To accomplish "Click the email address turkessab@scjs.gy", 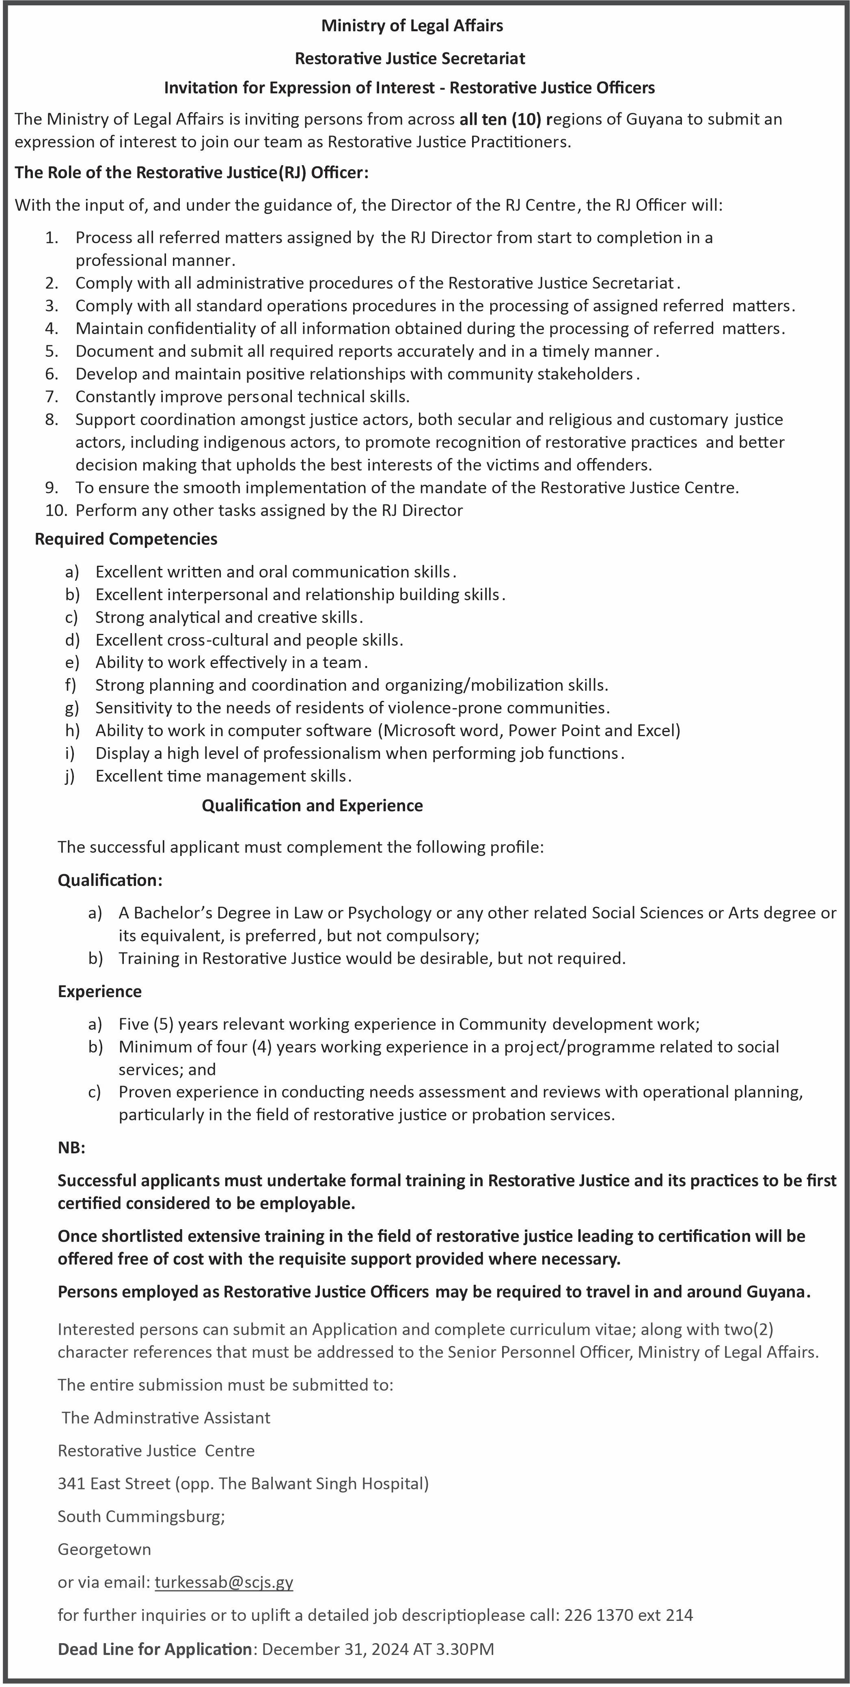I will [x=224, y=1582].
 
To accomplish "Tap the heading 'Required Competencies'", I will [x=126, y=539].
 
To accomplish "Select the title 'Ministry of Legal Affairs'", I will [x=412, y=26].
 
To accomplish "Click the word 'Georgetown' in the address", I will [x=104, y=1549].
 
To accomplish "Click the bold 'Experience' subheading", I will [x=99, y=991].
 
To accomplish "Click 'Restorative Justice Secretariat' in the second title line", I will [x=410, y=58].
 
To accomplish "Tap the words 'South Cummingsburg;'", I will [x=141, y=1516].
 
